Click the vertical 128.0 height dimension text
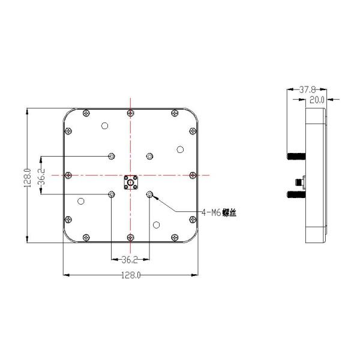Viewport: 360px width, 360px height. pyautogui.click(x=27, y=178)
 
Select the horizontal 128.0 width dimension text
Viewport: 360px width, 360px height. pyautogui.click(x=130, y=275)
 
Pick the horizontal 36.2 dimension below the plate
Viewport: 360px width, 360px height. pyautogui.click(x=130, y=260)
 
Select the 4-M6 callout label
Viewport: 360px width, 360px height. pyautogui.click(x=218, y=212)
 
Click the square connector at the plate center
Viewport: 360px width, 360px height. pyautogui.click(x=130, y=181)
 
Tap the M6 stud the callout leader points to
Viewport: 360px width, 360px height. pyautogui.click(x=150, y=194)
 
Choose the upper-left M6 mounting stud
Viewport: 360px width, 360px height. pyautogui.click(x=112, y=156)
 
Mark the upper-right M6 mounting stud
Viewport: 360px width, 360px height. pyautogui.click(x=150, y=156)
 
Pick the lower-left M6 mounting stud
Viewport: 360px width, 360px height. pyautogui.click(x=112, y=194)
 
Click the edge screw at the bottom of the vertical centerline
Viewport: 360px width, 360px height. pyautogui.click(x=130, y=236)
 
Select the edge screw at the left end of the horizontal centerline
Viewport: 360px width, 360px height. pyautogui.click(x=68, y=175)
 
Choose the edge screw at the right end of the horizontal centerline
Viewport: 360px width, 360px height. pyautogui.click(x=192, y=175)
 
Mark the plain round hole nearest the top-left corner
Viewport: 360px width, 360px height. pyautogui.click(x=104, y=126)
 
